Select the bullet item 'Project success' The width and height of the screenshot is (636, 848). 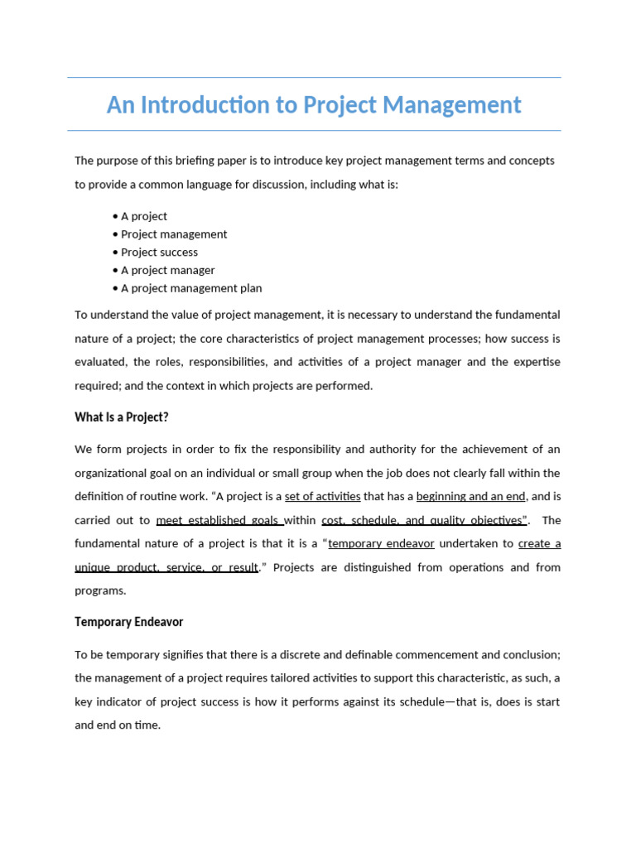pyautogui.click(x=159, y=252)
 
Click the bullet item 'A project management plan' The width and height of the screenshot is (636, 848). pyautogui.click(x=191, y=288)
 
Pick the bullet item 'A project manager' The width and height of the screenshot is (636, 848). pyautogui.click(x=167, y=270)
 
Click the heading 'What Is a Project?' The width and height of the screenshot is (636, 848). pyautogui.click(x=122, y=417)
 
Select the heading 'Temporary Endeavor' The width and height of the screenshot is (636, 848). pyautogui.click(x=129, y=621)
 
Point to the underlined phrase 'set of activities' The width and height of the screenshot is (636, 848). pyautogui.click(x=323, y=496)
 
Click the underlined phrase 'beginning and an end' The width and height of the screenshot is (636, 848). pyautogui.click(x=471, y=496)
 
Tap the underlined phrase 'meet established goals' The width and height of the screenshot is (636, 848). pyautogui.click(x=219, y=520)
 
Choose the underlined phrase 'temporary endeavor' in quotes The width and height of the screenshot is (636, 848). pyautogui.click(x=381, y=543)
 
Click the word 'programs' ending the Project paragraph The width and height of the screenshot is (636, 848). pyautogui.click(x=99, y=590)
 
